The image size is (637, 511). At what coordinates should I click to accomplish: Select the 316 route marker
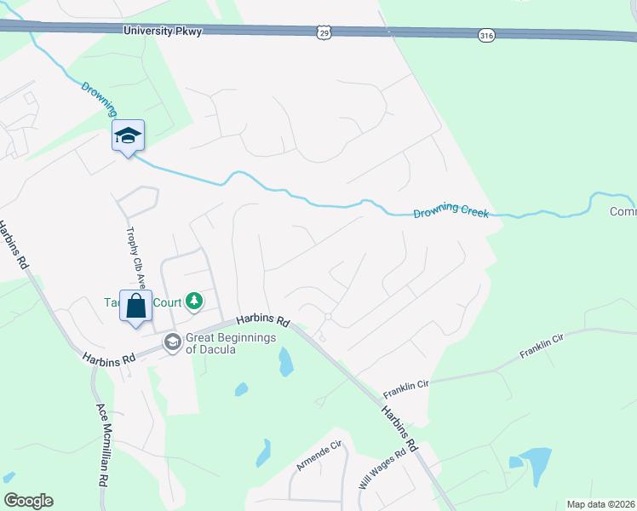pyautogui.click(x=485, y=35)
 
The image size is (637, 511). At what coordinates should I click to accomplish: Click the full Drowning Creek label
pyautogui.click(x=450, y=210)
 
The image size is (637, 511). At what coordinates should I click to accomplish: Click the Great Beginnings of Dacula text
pyautogui.click(x=231, y=343)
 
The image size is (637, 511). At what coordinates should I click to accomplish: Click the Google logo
pyautogui.click(x=28, y=501)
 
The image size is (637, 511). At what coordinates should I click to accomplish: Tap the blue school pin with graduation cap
pyautogui.click(x=128, y=136)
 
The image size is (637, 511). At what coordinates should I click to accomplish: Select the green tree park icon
pyautogui.click(x=195, y=301)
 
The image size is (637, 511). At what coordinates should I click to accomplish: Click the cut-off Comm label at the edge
pyautogui.click(x=623, y=212)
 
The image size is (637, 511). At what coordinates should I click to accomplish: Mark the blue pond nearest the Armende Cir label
pyautogui.click(x=264, y=452)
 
